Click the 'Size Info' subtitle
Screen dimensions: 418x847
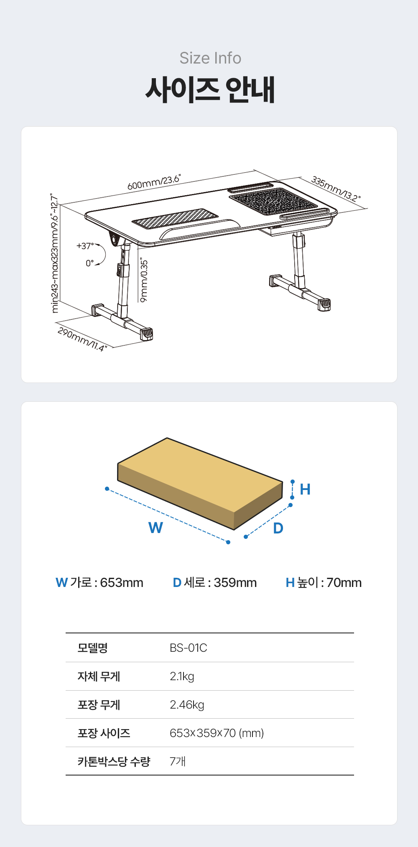tap(210, 58)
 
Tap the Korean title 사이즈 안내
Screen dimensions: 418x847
tap(210, 89)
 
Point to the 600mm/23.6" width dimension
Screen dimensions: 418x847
tap(154, 183)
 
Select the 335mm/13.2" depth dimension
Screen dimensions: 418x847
tap(336, 189)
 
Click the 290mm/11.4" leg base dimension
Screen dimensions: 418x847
tap(82, 339)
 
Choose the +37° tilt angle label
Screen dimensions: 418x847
tap(85, 246)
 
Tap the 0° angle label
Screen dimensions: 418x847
tap(90, 263)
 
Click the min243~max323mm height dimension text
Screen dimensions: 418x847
tap(55, 253)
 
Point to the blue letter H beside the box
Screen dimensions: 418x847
tap(305, 489)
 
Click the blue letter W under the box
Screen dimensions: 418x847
tap(155, 528)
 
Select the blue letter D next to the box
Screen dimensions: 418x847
tap(278, 528)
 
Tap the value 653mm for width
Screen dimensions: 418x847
tap(122, 582)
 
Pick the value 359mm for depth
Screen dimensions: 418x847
tap(235, 582)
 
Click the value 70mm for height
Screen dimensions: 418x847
tap(344, 582)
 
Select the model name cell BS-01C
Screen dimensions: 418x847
tap(189, 648)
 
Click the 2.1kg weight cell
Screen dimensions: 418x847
tap(182, 676)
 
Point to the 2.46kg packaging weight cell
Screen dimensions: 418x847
tap(187, 705)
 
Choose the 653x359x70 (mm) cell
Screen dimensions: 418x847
tap(217, 733)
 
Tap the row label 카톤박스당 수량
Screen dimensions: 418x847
tap(114, 761)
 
